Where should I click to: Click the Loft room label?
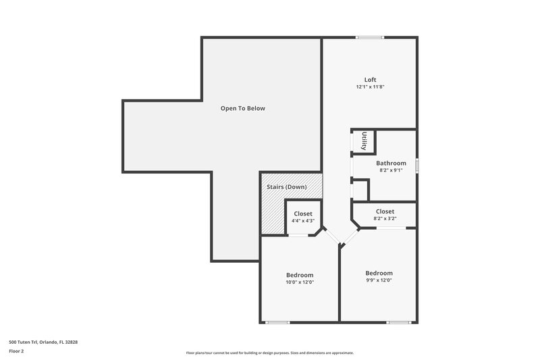click(370, 80)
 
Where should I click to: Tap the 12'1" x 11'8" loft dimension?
click(370, 87)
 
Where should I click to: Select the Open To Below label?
click(243, 108)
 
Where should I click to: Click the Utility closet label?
click(364, 141)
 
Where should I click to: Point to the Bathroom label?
click(391, 163)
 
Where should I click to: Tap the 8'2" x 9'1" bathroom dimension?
click(391, 170)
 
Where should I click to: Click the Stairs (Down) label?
click(286, 186)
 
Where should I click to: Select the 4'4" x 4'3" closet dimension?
click(302, 221)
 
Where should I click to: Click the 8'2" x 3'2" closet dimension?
click(385, 219)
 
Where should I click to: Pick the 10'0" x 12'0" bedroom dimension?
click(300, 282)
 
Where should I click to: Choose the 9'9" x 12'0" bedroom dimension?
click(379, 280)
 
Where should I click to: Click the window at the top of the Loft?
click(370, 37)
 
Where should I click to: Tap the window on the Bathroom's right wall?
click(416, 165)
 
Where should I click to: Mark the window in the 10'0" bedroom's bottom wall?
click(277, 322)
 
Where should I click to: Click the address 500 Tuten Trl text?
click(43, 342)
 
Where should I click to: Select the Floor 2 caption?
click(17, 351)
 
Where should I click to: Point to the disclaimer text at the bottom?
click(269, 353)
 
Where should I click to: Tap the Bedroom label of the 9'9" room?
click(379, 273)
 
